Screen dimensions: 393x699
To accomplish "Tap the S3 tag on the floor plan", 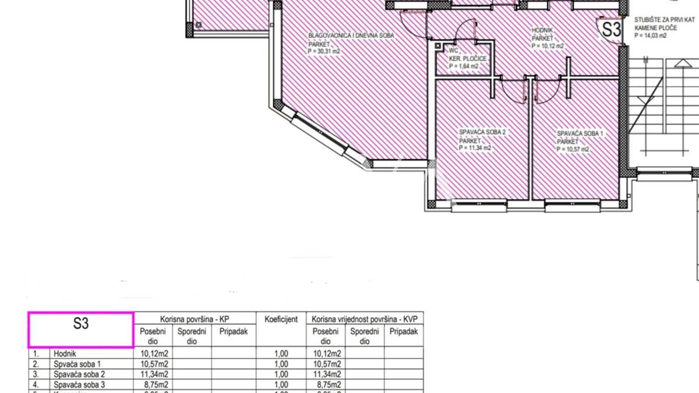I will click(611, 30).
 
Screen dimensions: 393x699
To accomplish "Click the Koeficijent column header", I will click(281, 319).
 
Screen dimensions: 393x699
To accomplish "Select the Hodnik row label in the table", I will click(65, 353).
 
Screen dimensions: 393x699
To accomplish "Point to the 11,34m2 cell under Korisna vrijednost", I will click(327, 374).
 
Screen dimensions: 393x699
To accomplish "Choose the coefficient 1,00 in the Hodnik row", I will click(281, 353).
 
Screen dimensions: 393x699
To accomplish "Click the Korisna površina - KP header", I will click(195, 319).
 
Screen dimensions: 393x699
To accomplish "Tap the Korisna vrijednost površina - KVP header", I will click(365, 319).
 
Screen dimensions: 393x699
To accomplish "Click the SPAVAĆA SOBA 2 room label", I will click(482, 133).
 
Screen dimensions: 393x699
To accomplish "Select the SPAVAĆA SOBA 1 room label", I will click(580, 133).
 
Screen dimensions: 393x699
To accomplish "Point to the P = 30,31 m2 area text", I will click(324, 51).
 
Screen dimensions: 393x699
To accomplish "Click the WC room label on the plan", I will click(454, 51).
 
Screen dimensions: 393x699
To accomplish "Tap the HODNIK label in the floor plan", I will click(542, 30).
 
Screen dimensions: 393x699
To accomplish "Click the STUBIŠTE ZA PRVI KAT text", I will click(664, 20).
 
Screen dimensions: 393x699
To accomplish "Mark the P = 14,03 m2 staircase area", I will click(651, 36).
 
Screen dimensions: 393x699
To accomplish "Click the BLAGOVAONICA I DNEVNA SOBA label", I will click(351, 36).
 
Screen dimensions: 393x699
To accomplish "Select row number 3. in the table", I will click(36, 374).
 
